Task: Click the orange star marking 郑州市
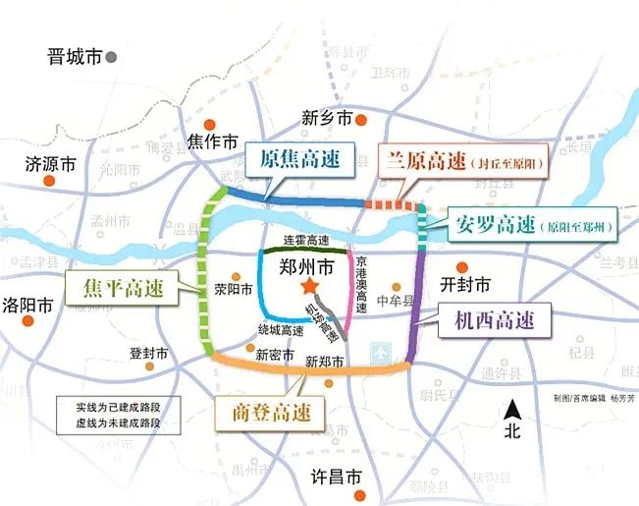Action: [x=309, y=286]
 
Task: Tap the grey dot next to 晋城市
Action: [x=113, y=57]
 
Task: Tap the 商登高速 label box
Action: [x=272, y=410]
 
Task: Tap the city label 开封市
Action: [x=466, y=284]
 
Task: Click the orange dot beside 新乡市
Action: [x=361, y=119]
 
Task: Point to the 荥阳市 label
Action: [x=233, y=290]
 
